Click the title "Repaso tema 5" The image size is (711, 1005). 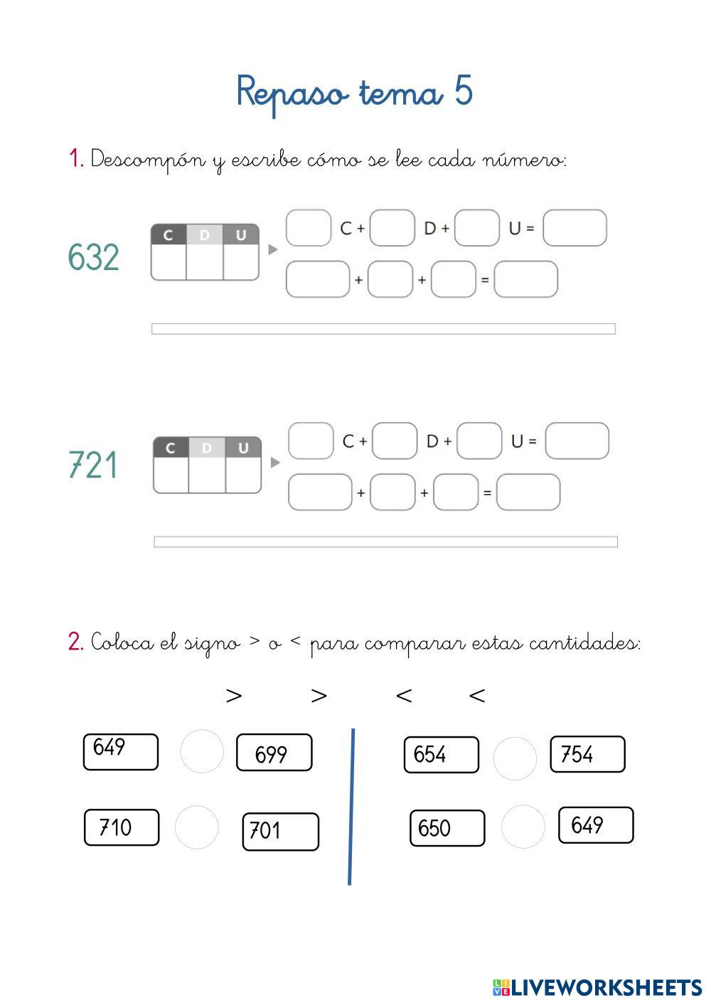pos(354,93)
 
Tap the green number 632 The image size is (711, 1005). pos(93,257)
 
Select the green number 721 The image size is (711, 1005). pos(93,466)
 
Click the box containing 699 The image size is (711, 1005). pos(274,753)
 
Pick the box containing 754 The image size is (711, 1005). pos(587,754)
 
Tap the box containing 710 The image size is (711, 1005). pos(122,827)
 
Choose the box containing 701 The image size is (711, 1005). pos(280,831)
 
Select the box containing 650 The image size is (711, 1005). pos(447,828)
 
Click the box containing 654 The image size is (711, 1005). pos(441,754)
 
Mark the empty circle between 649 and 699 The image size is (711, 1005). pos(202,751)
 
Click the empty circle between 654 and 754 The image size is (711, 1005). pos(515,758)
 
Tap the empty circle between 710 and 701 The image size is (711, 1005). pos(196,827)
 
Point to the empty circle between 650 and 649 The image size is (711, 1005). pos(523,827)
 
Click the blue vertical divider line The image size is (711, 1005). pos(351,807)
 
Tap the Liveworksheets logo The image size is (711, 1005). pos(597,987)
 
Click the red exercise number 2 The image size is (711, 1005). pos(75,642)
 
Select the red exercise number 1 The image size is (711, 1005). pos(75,158)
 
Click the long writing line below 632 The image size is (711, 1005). pos(383,328)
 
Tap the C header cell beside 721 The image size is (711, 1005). pos(171,448)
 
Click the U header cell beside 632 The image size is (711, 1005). pos(241,235)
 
